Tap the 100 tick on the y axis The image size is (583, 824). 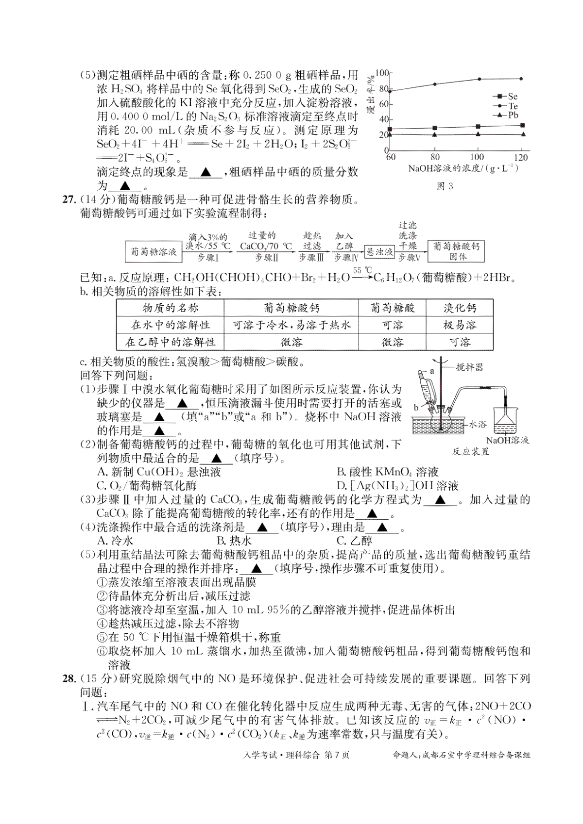click(x=383, y=73)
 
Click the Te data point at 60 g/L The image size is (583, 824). click(x=390, y=91)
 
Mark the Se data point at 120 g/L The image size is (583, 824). click(x=522, y=125)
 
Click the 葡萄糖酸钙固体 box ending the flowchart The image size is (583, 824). click(x=457, y=251)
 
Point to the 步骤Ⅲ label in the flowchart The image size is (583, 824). click(x=311, y=258)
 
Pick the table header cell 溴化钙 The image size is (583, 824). click(x=460, y=308)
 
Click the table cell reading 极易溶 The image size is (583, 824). click(x=460, y=325)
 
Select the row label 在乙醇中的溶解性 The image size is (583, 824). click(x=170, y=342)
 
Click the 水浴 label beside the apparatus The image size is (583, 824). click(x=478, y=423)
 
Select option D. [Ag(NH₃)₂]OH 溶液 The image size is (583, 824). click(x=397, y=485)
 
